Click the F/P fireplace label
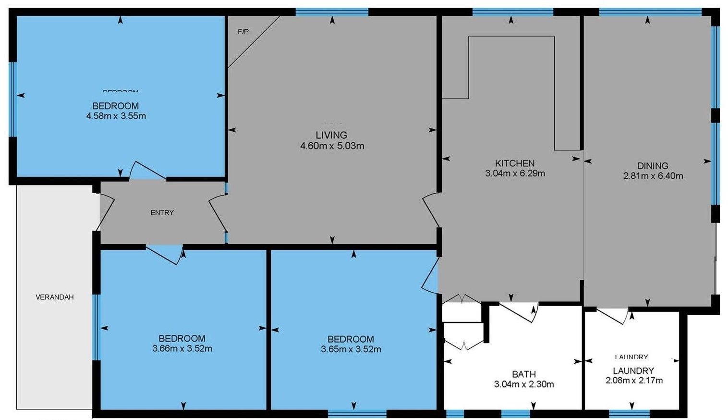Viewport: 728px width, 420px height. (x=243, y=32)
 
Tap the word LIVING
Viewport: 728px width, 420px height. (x=331, y=135)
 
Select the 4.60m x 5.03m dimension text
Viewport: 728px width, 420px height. (x=332, y=146)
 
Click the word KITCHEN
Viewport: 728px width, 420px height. (x=515, y=163)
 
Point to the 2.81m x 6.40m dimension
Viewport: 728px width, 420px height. (x=653, y=176)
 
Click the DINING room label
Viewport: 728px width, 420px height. (x=653, y=166)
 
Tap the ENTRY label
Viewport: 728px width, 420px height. (x=162, y=212)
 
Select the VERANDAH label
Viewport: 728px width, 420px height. (x=55, y=297)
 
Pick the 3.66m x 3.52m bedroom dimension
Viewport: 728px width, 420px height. (x=182, y=349)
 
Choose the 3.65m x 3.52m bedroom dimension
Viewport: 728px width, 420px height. (x=351, y=349)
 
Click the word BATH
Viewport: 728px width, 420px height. (x=523, y=374)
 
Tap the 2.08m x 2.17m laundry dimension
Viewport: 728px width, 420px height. (x=634, y=381)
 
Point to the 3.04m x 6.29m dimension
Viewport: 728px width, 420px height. (x=515, y=173)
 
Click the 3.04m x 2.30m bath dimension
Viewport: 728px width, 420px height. (x=523, y=384)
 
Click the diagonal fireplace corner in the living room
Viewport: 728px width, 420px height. (x=254, y=42)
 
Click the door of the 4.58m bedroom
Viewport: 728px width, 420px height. (x=147, y=171)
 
